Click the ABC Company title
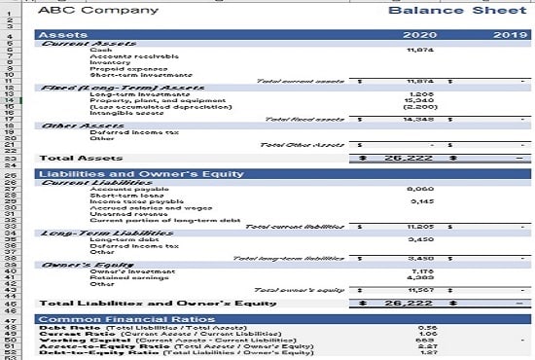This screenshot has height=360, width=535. coord(83,11)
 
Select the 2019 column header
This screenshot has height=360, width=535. coord(510,35)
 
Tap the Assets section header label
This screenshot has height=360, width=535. coord(61,35)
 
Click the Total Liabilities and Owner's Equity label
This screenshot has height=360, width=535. coord(157,303)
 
